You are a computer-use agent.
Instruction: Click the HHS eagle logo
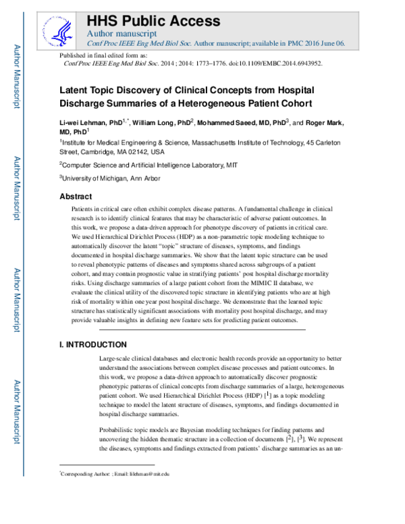pyautogui.click(x=61, y=26)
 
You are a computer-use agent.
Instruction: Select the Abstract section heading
pyautogui.click(x=76, y=196)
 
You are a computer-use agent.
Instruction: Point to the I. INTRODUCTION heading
pyautogui.click(x=93, y=344)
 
